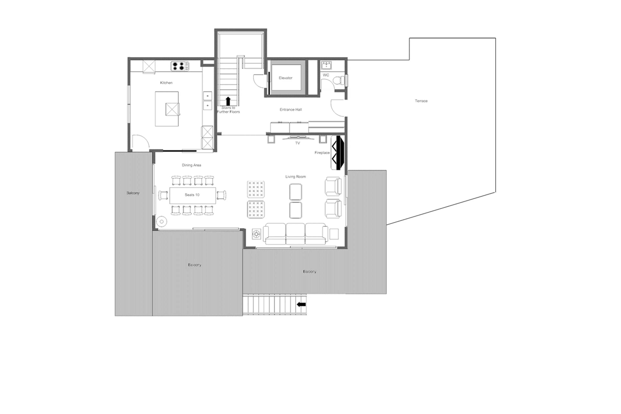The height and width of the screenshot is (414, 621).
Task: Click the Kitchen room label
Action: pos(166,83)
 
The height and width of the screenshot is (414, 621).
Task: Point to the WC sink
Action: pos(326,64)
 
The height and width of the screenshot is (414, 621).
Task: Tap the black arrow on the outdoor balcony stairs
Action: pos(301,304)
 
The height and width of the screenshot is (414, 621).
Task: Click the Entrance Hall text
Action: pos(291,110)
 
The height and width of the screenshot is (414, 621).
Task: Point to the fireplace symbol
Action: pos(338,153)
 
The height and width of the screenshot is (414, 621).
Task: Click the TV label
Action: pos(297,143)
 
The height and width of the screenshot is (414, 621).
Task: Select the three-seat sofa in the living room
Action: pos(295,234)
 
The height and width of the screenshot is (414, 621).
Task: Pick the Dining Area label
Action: pos(191,165)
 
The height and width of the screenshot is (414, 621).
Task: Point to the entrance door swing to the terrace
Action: pos(338,108)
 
